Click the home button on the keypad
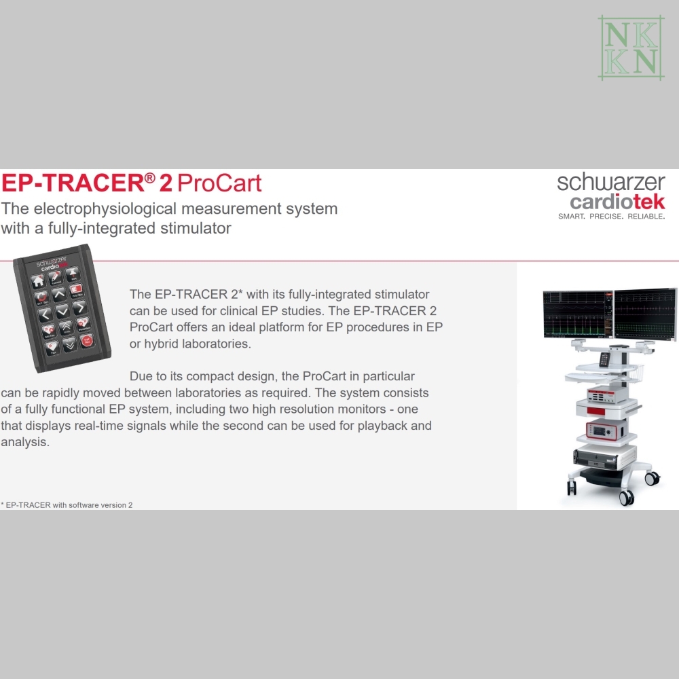[x=38, y=282]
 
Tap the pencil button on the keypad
[x=55, y=277]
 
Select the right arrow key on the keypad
[x=79, y=308]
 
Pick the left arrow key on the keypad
[x=45, y=314]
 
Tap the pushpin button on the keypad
[x=73, y=273]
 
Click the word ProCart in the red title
[x=219, y=183]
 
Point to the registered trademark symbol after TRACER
[x=149, y=177]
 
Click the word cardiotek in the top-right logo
[x=617, y=202]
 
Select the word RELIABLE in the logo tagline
[x=646, y=216]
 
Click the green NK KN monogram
[x=631, y=48]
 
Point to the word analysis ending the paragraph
[x=25, y=442]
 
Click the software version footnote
[x=67, y=505]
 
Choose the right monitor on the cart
[x=646, y=314]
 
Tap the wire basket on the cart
[x=633, y=371]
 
